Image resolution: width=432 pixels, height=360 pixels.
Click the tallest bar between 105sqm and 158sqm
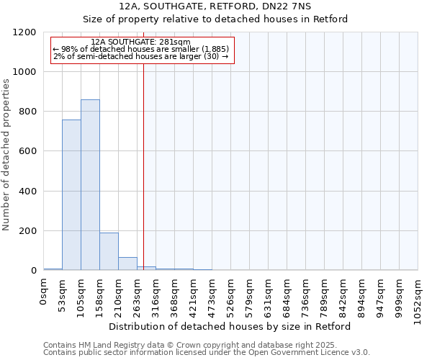(90, 185)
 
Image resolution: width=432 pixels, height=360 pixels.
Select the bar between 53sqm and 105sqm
(71, 195)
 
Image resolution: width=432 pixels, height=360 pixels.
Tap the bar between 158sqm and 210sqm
(109, 251)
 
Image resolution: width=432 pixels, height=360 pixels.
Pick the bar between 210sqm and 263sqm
(127, 264)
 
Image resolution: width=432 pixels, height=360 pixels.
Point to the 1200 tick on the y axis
(27, 32)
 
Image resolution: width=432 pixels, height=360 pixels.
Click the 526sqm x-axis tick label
(231, 296)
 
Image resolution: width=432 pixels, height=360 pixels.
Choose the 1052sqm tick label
(418, 299)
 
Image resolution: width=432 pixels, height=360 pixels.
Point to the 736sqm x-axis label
(306, 296)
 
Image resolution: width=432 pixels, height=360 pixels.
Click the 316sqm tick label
(156, 296)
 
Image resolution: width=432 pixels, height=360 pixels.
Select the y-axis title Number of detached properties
(7, 156)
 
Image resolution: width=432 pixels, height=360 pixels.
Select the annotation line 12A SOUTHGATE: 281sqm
(141, 42)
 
